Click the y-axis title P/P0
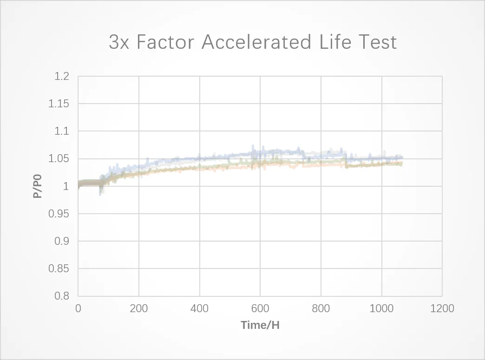[37, 186]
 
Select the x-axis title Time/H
[260, 325]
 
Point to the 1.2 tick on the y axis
[62, 77]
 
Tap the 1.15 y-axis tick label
[59, 104]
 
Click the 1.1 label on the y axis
[62, 131]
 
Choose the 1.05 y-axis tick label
[59, 159]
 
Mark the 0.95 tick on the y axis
[59, 214]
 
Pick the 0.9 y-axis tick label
[62, 241]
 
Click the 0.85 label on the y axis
[59, 269]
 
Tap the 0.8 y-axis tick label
[62, 296]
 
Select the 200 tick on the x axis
[139, 308]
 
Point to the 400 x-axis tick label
[200, 308]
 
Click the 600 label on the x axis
[260, 308]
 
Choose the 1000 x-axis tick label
[381, 308]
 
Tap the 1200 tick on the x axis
[442, 308]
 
